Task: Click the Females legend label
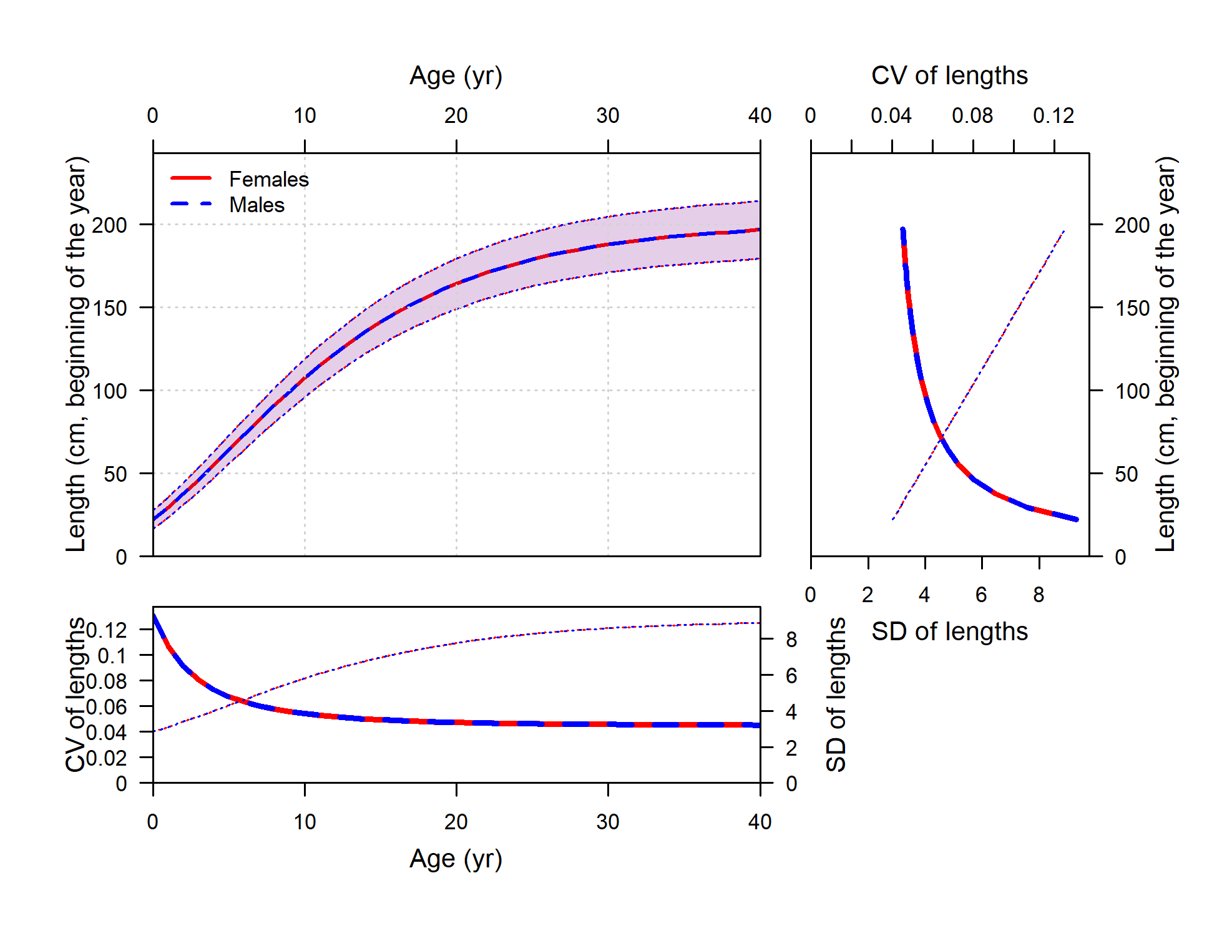(x=269, y=180)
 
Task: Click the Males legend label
(x=257, y=205)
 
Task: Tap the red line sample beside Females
(x=191, y=178)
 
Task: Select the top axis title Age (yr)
(x=456, y=76)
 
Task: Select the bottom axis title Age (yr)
(x=456, y=859)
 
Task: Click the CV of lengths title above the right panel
(x=949, y=76)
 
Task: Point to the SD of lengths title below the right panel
(x=949, y=631)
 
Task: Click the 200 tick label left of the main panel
(x=109, y=225)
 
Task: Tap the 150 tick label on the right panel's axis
(x=1132, y=308)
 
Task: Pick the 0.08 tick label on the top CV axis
(x=972, y=116)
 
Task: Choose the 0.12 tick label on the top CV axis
(x=1053, y=116)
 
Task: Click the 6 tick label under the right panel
(x=981, y=595)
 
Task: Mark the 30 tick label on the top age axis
(x=608, y=116)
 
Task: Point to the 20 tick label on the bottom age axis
(x=456, y=822)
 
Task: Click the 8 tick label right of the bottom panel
(x=791, y=640)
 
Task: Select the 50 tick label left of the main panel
(x=115, y=474)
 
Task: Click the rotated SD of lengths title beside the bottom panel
(x=836, y=695)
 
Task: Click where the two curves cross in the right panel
(x=942, y=439)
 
